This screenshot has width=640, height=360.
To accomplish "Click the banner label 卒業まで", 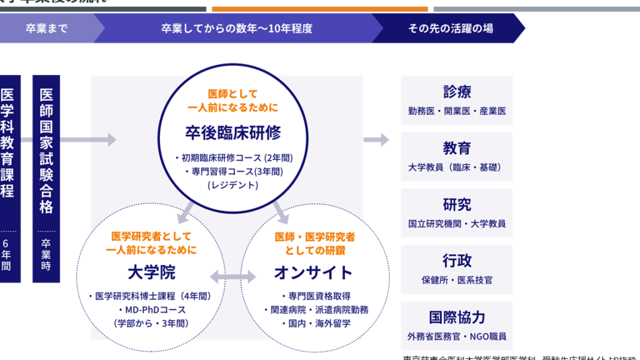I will coord(46,28).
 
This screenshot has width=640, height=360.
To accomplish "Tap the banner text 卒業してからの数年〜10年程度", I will coord(237,28).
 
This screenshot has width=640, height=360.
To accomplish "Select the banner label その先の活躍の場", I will coord(450,28).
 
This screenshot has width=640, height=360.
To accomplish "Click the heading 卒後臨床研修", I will coord(232,132).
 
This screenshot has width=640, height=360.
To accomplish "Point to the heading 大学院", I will coord(151,272).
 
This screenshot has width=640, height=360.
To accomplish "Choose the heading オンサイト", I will coord(313,272).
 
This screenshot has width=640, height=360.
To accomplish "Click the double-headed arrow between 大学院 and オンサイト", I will coord(232,276).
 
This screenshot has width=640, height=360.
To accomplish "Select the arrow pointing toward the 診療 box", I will coord(376,139).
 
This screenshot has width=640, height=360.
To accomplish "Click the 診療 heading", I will coord(457,92).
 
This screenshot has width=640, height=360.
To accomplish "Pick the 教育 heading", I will coord(457,149).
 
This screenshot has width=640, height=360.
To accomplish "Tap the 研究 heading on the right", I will coord(457,205).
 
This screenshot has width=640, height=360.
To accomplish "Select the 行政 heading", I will coord(457,261).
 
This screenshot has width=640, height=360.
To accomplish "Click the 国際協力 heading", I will coord(457,317).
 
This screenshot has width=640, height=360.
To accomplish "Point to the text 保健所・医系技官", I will coord(457,280).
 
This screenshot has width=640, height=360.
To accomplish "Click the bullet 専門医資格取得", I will coord(315,296).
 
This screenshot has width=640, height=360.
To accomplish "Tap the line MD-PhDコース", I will coord(151,310).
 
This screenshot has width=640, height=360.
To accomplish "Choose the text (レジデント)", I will coord(232,185).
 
